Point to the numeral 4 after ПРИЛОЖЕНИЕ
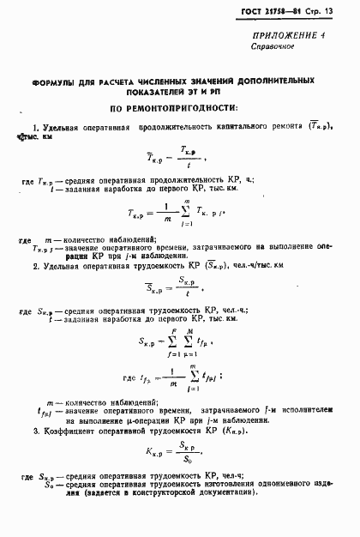[x=345, y=35]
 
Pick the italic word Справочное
[x=278, y=46]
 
